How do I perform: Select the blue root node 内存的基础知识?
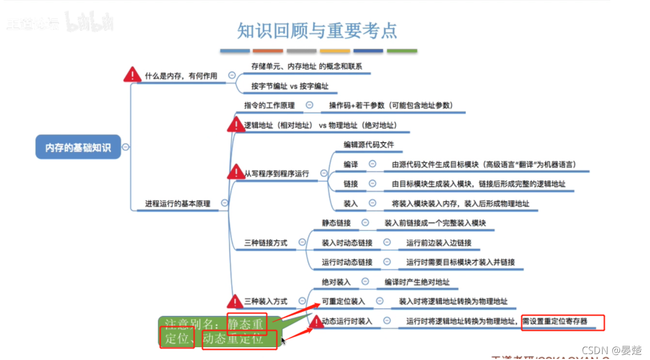78,148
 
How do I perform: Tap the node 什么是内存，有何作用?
181,76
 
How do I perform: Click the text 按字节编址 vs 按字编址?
290,86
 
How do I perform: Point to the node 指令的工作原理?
269,105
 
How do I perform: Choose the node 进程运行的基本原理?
178,203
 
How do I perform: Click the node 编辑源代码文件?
369,144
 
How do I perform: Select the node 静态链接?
336,223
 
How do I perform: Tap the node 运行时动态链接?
347,262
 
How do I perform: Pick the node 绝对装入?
336,281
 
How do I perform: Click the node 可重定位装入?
343,301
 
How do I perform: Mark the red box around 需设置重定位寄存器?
562,322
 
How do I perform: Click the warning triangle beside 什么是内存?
132,75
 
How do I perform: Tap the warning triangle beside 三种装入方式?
235,302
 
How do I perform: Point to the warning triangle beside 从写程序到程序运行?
235,172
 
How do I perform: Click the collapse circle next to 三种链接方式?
302,242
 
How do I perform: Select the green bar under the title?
402,51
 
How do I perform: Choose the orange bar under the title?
267,51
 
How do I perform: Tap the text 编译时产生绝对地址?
417,282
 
